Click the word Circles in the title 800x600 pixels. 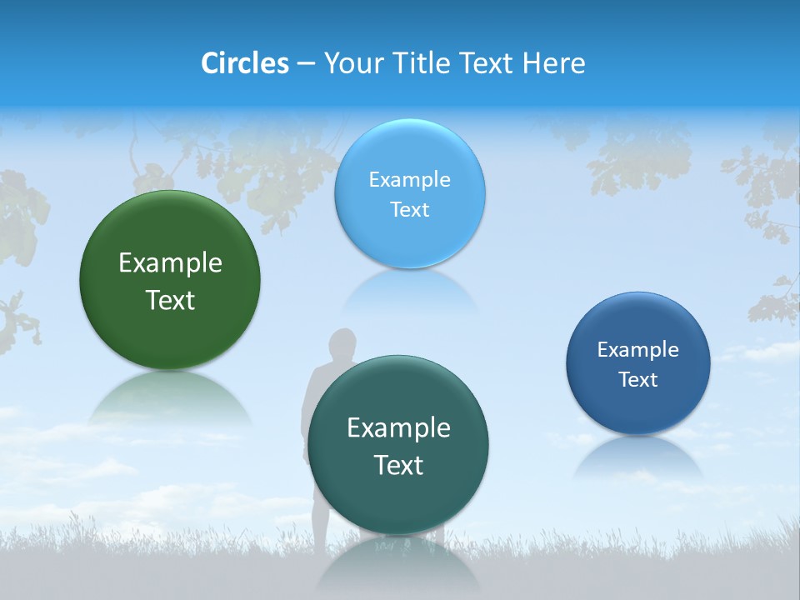coord(245,63)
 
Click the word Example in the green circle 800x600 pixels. coord(170,263)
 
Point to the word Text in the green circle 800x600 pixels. coord(170,300)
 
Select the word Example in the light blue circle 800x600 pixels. coord(409,179)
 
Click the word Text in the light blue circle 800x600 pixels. coord(409,209)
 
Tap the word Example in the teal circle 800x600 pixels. coord(398,428)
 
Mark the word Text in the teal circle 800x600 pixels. coord(398,465)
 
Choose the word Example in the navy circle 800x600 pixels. coord(638,349)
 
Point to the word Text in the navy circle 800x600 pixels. coord(638,380)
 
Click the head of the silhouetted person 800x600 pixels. coord(342,344)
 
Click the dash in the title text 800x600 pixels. coord(306,64)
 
